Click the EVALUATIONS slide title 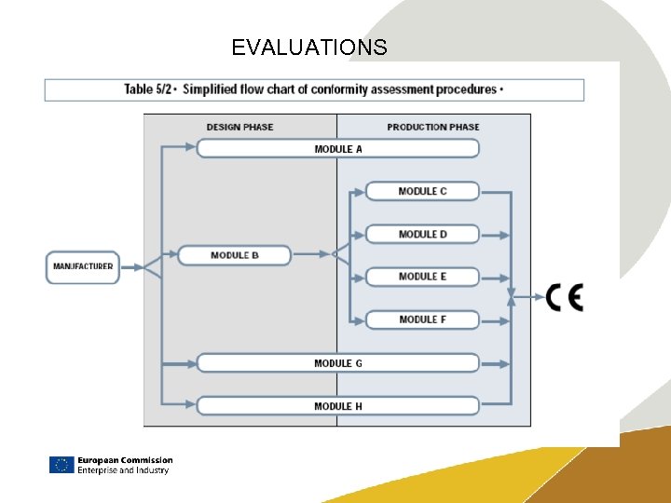[308, 48]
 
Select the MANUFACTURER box [83, 266]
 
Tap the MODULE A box [337, 148]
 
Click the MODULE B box [234, 254]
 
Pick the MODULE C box [422, 191]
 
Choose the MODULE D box [422, 234]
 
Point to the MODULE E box [422, 277]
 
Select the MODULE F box [422, 319]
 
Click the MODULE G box [337, 363]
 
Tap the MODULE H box [337, 406]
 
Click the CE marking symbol [565, 297]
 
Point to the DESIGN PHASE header [240, 127]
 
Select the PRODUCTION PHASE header [433, 127]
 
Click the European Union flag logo [62, 465]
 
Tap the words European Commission [125, 460]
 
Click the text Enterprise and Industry [123, 470]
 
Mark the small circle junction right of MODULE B [335, 254]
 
